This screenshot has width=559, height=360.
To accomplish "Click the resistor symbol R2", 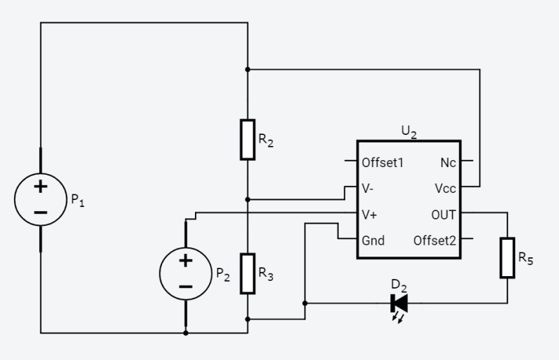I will pyautogui.click(x=247, y=139).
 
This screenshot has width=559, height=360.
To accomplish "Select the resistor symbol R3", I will pyautogui.click(x=247, y=273).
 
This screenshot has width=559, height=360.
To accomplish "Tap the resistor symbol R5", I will pyautogui.click(x=507, y=257).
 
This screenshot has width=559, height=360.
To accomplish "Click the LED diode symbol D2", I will pyautogui.click(x=400, y=303).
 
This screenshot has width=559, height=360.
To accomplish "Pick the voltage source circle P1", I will pyautogui.click(x=41, y=199).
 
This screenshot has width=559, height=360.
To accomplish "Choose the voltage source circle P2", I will pyautogui.click(x=185, y=273).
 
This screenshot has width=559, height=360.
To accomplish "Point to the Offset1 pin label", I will pyautogui.click(x=382, y=162).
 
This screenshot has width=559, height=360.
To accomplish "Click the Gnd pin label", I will pyautogui.click(x=373, y=240).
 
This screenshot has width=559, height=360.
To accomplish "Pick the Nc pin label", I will pyautogui.click(x=448, y=162).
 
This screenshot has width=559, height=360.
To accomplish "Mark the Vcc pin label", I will pyautogui.click(x=445, y=189).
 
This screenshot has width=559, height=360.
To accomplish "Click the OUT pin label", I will pyautogui.click(x=443, y=215).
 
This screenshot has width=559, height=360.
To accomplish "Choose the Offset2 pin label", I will pyautogui.click(x=435, y=240).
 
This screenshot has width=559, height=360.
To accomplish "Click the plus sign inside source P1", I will pyautogui.click(x=41, y=187).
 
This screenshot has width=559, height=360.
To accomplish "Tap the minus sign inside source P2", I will pyautogui.click(x=185, y=286).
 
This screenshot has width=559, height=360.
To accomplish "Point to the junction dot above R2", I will pyautogui.click(x=247, y=69).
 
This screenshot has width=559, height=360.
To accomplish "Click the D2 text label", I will pyautogui.click(x=399, y=285).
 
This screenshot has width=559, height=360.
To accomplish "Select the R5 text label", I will pyautogui.click(x=525, y=258).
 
